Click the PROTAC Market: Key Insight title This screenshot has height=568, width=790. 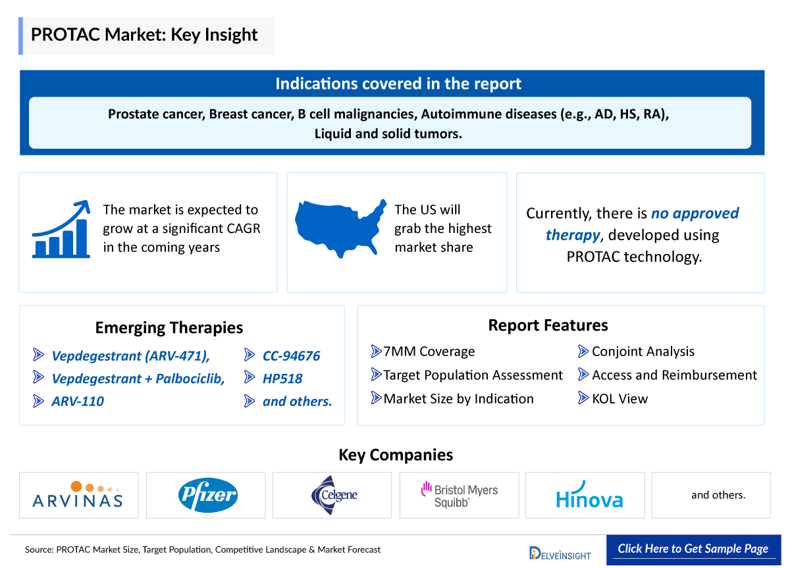pos(144,35)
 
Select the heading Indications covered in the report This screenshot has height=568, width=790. pos(398,84)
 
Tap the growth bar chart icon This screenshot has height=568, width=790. pos(61,230)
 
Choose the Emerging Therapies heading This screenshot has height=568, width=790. pos(169,328)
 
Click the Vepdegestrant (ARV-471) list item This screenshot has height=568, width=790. pos(130,356)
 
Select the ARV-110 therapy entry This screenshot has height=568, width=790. pos(78,401)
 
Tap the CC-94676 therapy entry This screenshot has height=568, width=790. pos(291,356)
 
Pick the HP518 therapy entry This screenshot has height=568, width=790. pos(282,378)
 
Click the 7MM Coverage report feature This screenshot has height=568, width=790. pos(429,351)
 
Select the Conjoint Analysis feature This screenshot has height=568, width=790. pos(643,351)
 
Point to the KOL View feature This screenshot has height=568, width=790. pos(619,398)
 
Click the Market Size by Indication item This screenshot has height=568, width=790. pos(458,398)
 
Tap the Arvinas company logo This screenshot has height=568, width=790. pos(78,495)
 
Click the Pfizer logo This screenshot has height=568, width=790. pos(206,495)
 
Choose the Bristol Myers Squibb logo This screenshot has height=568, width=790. pos(460,495)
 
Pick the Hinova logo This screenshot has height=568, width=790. pos(589,497)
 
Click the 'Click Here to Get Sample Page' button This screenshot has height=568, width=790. pos(693,549)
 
